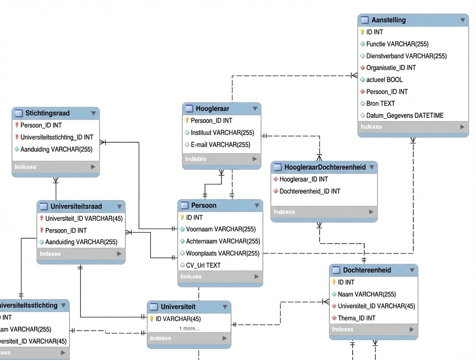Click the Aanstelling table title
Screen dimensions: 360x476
[x=388, y=20]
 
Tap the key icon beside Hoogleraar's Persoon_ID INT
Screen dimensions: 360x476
[x=187, y=121]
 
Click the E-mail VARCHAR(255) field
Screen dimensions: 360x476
[x=220, y=145]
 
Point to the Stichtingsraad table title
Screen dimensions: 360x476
[x=47, y=113]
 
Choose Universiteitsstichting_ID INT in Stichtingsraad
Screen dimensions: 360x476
[x=57, y=137]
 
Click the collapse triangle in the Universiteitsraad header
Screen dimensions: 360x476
[x=119, y=207]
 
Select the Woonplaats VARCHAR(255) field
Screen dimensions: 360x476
[x=222, y=254]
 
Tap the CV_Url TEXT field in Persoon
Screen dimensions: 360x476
[x=203, y=265]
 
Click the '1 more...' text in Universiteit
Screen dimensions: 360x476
[x=189, y=329]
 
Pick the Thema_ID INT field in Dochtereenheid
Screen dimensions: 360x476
[x=356, y=318]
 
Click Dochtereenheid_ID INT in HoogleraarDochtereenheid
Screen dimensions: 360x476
[x=310, y=191]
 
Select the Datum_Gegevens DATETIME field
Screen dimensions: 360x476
[x=404, y=116]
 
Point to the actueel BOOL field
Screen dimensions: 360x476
[x=384, y=80]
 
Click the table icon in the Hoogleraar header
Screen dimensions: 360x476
[x=189, y=109]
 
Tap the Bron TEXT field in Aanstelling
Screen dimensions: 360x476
[x=380, y=104]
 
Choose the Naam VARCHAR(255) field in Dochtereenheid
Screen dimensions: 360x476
[x=366, y=294]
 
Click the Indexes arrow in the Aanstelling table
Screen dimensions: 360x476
[x=462, y=127]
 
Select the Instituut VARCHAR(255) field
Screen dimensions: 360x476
[x=222, y=133]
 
